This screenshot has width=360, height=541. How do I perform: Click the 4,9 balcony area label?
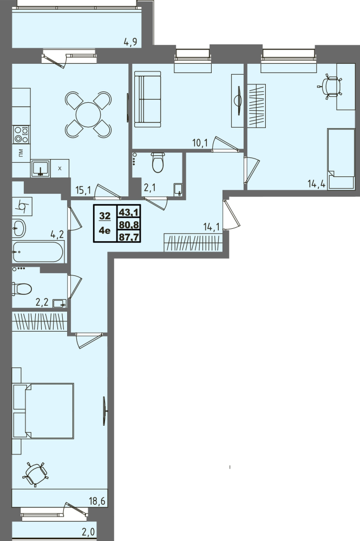pos(131,42)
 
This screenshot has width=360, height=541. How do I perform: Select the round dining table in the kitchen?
pos(88,114)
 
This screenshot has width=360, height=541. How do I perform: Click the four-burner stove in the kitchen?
pos(21,135)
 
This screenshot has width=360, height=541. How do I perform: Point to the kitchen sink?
pos(41,168)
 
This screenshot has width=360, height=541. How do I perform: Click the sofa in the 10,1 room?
pos(147,99)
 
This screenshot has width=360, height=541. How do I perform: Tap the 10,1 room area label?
pos(200,143)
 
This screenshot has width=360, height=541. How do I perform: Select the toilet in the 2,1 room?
pos(158,162)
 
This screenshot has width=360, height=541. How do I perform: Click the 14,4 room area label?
pos(317,183)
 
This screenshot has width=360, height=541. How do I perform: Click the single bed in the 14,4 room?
pos(341,159)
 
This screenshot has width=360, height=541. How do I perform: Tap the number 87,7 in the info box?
pos(128,237)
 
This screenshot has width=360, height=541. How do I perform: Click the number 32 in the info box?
pos(105,216)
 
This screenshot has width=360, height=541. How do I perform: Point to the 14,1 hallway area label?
pos(211,227)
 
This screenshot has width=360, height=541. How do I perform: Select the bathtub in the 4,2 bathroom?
pos(38,252)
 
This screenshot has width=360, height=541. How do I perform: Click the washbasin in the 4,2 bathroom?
pos(19,228)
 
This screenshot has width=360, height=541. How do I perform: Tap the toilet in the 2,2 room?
pos(22,289)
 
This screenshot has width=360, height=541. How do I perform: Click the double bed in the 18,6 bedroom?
pos(43,411)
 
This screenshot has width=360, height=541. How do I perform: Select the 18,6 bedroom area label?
pos(97,501)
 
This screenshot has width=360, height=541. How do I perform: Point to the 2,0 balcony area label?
pos(88,532)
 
